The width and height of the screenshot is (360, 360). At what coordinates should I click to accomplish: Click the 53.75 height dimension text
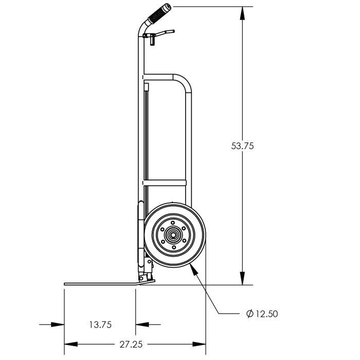(x=242, y=146)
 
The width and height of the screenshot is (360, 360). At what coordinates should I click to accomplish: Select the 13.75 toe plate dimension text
(x=100, y=325)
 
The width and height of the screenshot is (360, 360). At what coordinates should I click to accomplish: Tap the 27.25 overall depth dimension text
(x=131, y=344)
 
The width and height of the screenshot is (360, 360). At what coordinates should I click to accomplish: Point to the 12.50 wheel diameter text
(x=266, y=314)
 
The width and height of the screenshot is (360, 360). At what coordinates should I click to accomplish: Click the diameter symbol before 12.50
(x=249, y=313)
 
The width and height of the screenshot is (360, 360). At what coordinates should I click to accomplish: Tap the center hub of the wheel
(x=173, y=235)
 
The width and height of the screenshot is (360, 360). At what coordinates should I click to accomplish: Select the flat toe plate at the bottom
(x=108, y=284)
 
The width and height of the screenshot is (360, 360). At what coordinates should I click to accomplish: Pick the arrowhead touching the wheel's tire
(x=194, y=269)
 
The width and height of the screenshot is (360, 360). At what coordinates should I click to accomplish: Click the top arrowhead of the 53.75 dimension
(x=242, y=13)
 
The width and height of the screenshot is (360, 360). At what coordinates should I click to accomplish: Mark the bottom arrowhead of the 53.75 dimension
(x=242, y=278)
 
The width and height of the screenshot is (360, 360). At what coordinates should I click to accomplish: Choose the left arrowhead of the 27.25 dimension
(x=71, y=344)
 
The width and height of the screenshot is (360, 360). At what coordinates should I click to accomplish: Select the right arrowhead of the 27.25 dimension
(x=199, y=344)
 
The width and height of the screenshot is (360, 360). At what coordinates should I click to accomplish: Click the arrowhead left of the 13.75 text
(x=58, y=325)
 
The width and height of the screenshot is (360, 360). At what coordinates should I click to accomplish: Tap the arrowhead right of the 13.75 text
(x=142, y=325)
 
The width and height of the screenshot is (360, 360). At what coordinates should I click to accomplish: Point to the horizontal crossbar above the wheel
(x=165, y=183)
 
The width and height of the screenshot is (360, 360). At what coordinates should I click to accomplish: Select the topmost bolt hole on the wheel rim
(x=173, y=223)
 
